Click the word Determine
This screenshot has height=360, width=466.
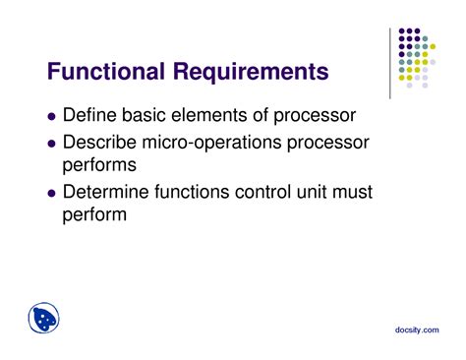(x=107, y=191)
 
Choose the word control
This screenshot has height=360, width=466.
(x=268, y=191)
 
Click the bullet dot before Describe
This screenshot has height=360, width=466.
(x=51, y=145)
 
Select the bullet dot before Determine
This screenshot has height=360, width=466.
(x=51, y=192)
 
